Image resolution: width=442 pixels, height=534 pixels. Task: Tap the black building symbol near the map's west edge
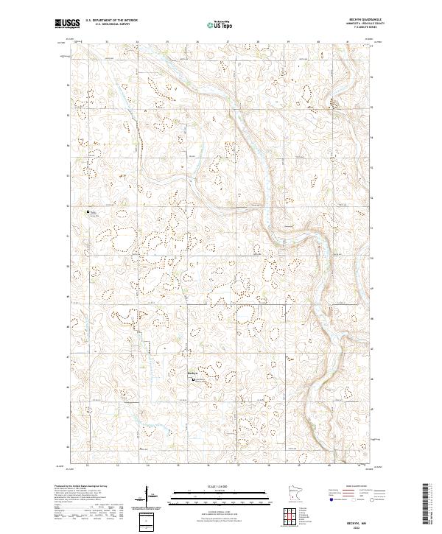coord(88,212)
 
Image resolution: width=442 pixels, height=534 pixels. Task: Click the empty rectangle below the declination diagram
coord(147,519)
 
